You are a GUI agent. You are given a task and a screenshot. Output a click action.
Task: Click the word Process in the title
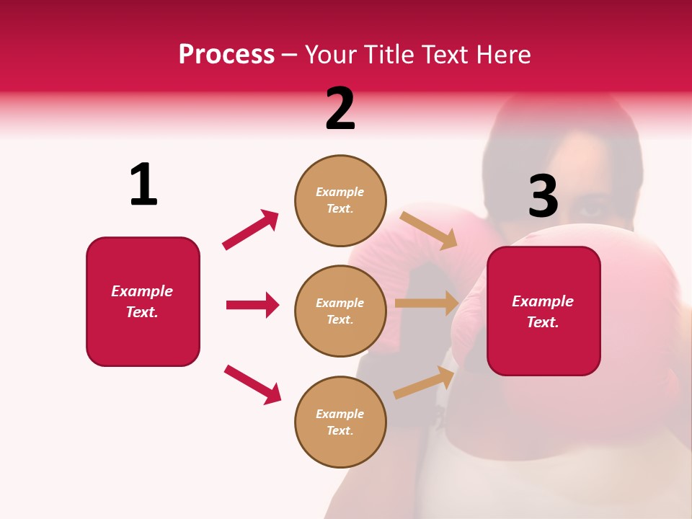(x=226, y=54)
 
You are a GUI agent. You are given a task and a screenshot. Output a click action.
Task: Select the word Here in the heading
(x=502, y=54)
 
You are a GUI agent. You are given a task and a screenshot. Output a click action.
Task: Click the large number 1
(x=143, y=185)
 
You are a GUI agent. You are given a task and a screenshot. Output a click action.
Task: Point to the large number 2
(x=340, y=110)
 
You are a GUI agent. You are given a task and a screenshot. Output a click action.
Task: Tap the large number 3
(x=543, y=196)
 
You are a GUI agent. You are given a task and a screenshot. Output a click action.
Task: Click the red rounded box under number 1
(x=143, y=301)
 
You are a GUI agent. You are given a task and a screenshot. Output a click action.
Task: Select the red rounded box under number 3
(x=544, y=311)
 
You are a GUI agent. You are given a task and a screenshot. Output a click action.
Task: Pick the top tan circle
(x=340, y=200)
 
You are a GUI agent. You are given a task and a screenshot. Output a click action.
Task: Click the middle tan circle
(x=340, y=311)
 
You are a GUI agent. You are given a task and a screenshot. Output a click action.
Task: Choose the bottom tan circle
(x=340, y=422)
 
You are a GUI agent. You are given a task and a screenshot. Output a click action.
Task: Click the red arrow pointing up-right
(x=251, y=229)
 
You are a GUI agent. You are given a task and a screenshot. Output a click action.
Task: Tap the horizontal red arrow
(x=252, y=305)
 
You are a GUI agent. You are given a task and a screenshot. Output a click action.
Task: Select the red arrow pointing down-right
(x=252, y=384)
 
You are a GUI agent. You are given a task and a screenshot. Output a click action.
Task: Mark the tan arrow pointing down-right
(x=428, y=230)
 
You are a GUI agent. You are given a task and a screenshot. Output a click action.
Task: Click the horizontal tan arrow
(x=426, y=303)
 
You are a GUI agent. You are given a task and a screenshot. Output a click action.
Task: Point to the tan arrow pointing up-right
(x=424, y=382)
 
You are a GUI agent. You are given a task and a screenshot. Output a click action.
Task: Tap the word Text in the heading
(x=440, y=54)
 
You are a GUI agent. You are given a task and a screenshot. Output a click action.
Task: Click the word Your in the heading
(x=331, y=54)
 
